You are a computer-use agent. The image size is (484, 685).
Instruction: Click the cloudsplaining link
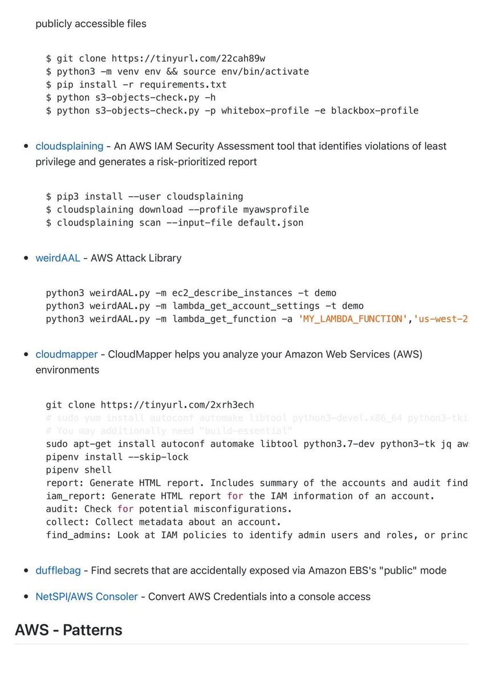point(69,146)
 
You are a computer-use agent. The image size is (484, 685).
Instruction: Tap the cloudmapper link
point(66,354)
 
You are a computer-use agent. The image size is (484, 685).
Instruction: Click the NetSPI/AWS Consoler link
point(86,597)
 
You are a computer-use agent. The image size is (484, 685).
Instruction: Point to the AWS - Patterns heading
point(68,630)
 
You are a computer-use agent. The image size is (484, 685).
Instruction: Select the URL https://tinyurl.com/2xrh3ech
point(177,405)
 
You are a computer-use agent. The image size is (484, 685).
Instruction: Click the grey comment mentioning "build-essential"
point(169,431)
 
